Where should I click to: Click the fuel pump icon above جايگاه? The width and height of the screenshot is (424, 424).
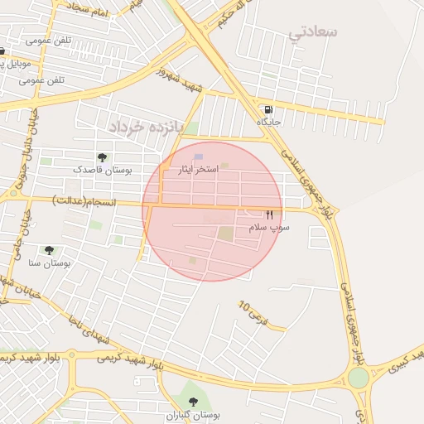pyautogui.click(x=268, y=110)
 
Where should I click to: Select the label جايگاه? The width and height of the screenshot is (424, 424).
pyautogui.click(x=269, y=123)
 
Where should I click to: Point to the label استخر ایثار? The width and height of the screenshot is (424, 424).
pyautogui.click(x=199, y=169)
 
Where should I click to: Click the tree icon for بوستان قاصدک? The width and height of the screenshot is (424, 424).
pyautogui.click(x=102, y=157)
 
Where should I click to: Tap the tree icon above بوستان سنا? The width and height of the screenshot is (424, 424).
pyautogui.click(x=50, y=250)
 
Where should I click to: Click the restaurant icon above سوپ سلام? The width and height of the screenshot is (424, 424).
pyautogui.click(x=269, y=214)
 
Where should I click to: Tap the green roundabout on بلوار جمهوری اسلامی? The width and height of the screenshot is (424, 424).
pyautogui.click(x=358, y=378)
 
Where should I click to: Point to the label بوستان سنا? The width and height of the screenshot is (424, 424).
pyautogui.click(x=50, y=263)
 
